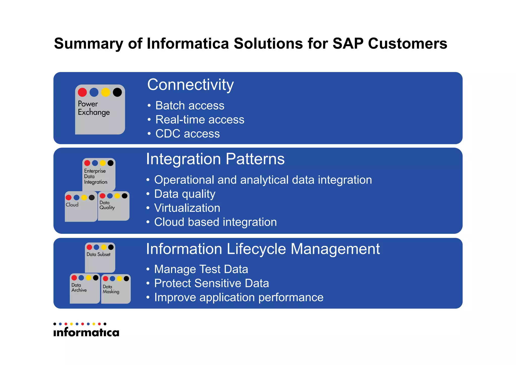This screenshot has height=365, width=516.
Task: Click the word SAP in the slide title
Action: pos(348,44)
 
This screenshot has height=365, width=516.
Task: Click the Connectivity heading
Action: pos(190,85)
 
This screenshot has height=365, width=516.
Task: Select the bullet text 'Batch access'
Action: pos(190,105)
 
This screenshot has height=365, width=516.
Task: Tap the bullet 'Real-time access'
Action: pos(200,120)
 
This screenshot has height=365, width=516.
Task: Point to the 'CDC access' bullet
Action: pos(187,134)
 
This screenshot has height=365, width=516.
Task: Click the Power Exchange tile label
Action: pos(94,108)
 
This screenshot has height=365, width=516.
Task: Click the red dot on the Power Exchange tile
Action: pos(82,92)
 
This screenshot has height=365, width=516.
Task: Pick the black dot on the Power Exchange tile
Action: pos(117,92)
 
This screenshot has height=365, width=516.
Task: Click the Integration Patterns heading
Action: pos(215,159)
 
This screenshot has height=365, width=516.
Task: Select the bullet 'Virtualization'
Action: pos(187,208)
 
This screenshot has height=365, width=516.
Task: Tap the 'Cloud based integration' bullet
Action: pos(215,222)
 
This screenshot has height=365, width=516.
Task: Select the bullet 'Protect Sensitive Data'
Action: pos(211,283)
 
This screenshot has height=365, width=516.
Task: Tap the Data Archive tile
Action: pos(85,289)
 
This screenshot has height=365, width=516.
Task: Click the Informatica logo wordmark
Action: pos(86,332)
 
